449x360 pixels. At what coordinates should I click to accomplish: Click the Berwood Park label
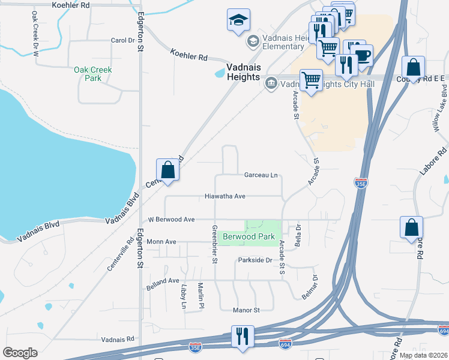[249, 237]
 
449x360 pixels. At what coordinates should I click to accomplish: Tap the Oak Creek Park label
[93, 74]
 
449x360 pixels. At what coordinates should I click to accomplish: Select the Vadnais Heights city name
[243, 73]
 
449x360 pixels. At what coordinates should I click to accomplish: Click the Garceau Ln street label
[261, 175]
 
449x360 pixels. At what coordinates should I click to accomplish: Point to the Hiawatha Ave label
[225, 196]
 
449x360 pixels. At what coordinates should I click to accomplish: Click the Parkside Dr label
[255, 260]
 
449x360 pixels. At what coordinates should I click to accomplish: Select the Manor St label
[246, 310]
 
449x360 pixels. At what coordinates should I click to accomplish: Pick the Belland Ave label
[163, 281]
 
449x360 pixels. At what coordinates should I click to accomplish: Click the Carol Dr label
[122, 40]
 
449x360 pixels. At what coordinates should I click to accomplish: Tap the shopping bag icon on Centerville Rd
[168, 169]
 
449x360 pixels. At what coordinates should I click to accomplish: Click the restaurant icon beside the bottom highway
[243, 336]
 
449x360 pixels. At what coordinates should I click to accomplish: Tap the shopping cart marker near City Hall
[311, 80]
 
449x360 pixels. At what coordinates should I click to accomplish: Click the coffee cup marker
[362, 55]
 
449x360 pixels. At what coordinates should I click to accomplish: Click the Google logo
[20, 353]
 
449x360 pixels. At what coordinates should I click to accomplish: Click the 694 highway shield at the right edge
[444, 331]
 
